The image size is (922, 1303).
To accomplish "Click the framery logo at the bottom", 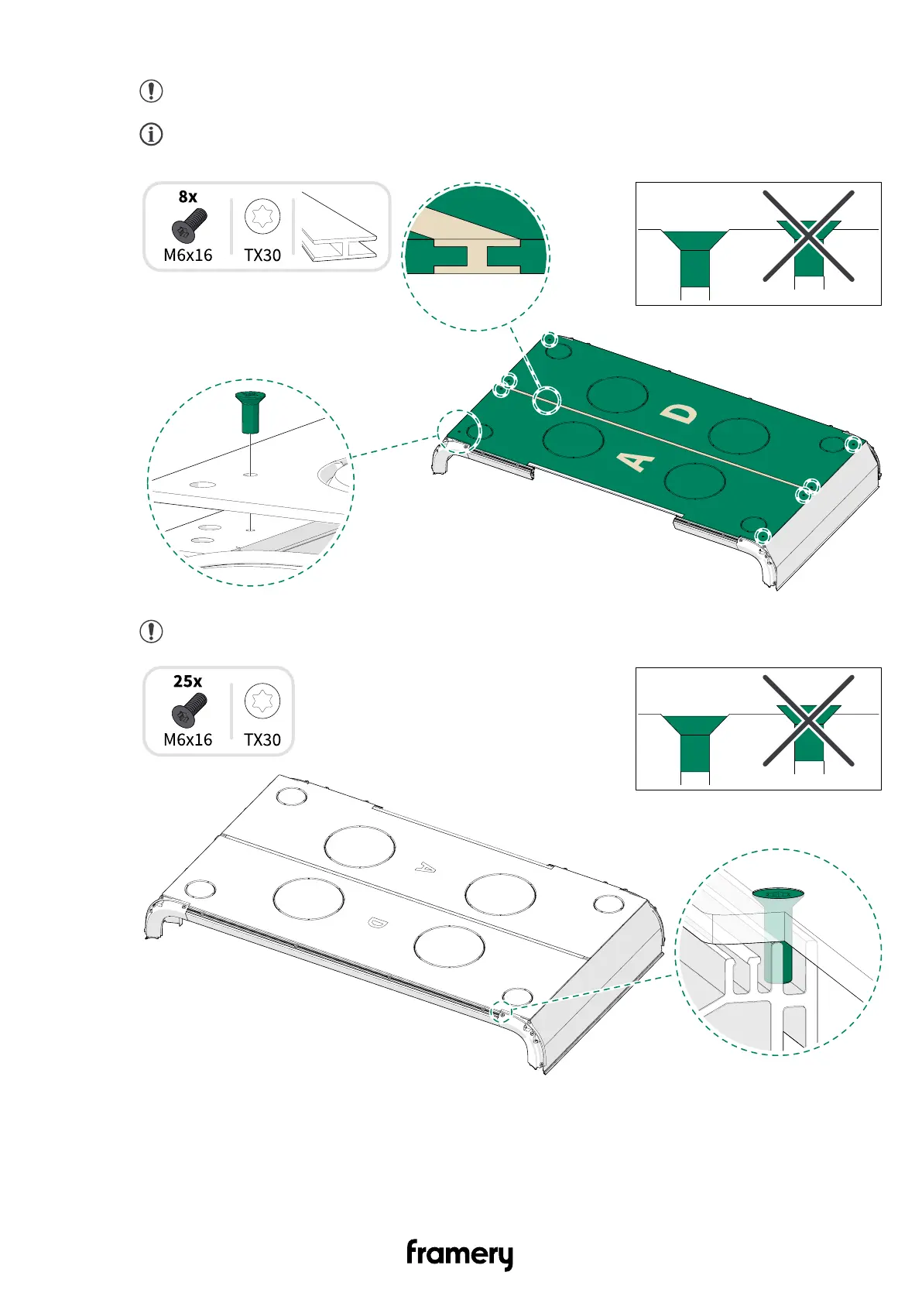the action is [x=460, y=1253].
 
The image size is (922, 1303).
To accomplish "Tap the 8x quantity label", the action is [x=188, y=197].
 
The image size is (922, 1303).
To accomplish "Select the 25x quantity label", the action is [x=188, y=681].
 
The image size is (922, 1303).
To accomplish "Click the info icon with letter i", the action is [x=151, y=134].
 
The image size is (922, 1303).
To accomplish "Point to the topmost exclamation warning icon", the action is [x=151, y=91].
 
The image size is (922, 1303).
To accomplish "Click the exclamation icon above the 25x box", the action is [x=151, y=631].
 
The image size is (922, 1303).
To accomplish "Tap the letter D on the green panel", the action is [x=679, y=414].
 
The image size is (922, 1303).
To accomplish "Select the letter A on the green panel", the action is [x=636, y=461].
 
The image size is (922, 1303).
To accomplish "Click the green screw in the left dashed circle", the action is [x=250, y=412].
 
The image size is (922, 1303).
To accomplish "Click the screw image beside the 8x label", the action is [x=189, y=225].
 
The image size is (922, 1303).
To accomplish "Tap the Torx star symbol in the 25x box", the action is [x=262, y=701].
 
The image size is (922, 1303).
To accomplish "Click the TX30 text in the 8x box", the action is [x=262, y=255].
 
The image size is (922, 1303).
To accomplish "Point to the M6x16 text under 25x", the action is [x=188, y=740].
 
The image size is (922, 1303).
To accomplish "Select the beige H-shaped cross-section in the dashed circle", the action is [x=476, y=255].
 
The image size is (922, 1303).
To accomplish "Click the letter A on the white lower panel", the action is [x=425, y=867].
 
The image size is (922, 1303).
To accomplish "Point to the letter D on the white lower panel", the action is [x=377, y=922].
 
